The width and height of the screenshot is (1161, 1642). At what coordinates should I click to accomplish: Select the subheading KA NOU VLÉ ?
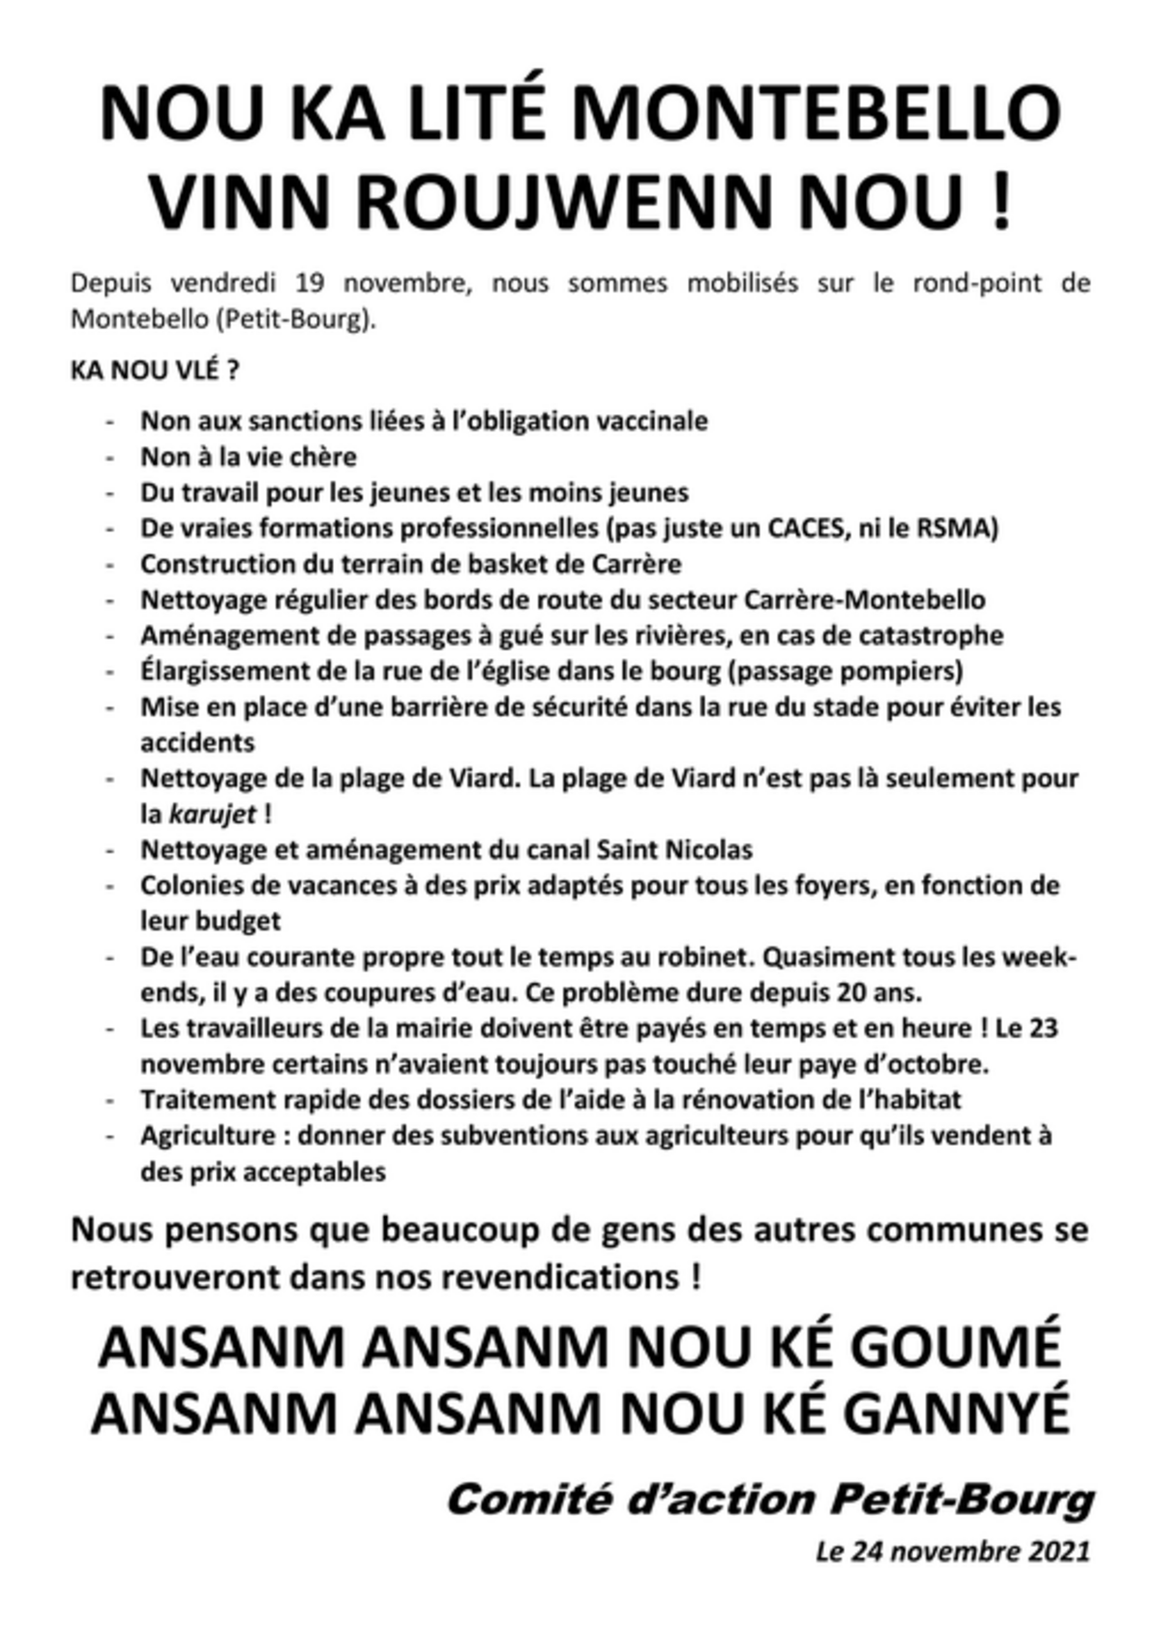click(155, 372)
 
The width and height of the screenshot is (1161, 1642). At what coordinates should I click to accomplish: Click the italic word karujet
click(213, 815)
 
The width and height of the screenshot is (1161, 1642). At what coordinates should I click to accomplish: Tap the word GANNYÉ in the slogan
click(956, 1414)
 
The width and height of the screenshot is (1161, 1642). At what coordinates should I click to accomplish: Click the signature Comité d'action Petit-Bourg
click(769, 1501)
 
